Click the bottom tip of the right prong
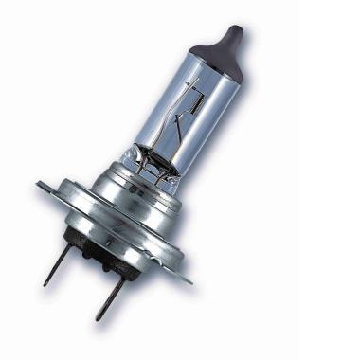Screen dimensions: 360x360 (98, 318)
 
